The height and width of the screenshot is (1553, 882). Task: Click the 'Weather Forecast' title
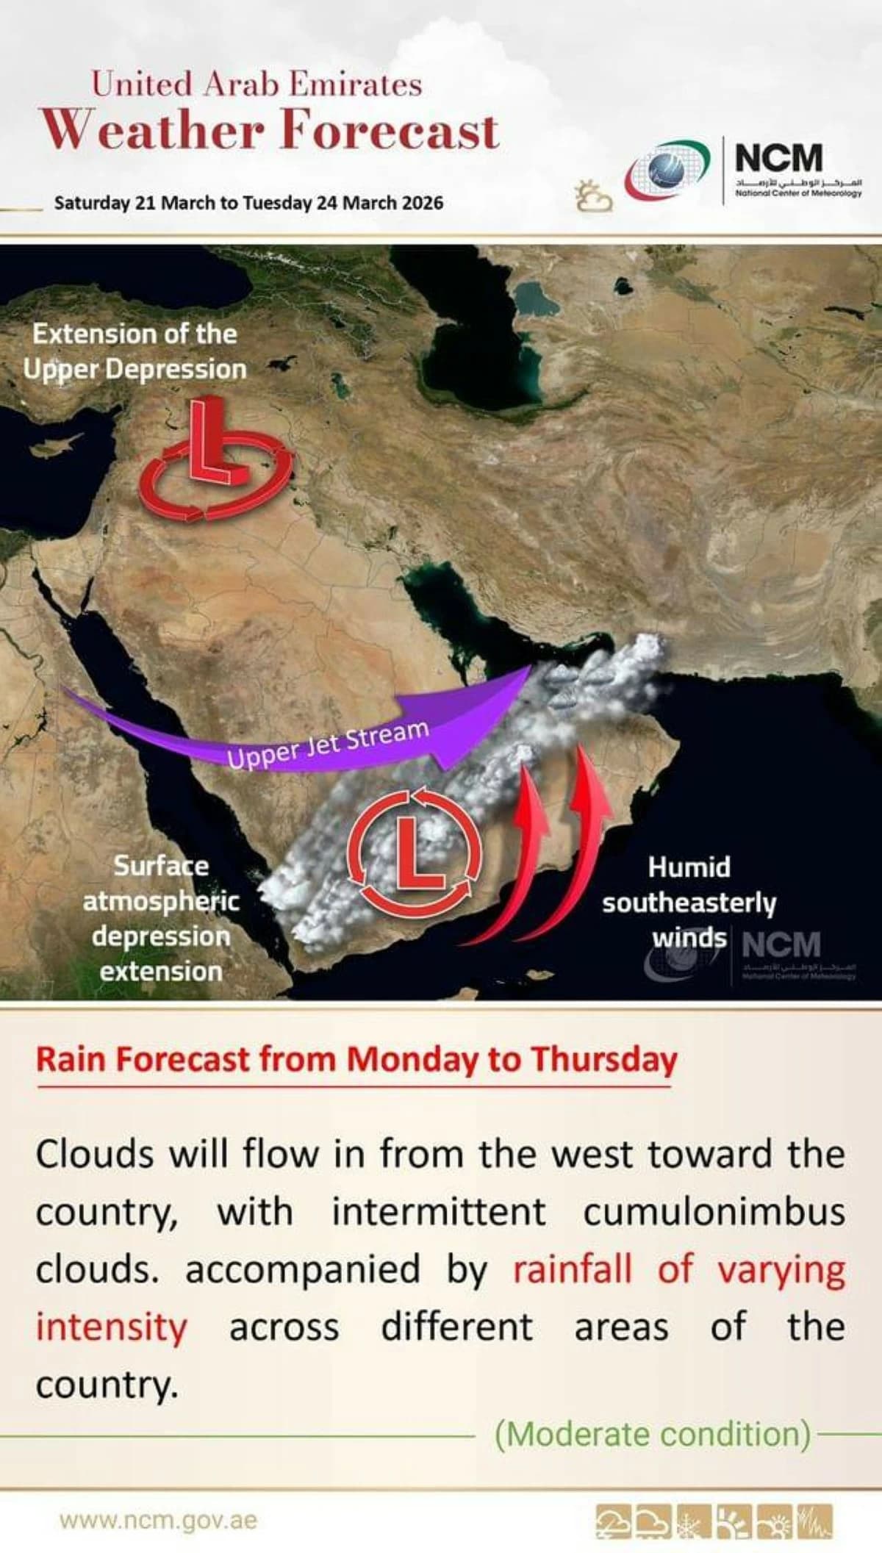[x=270, y=129]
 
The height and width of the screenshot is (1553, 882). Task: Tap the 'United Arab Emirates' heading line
[x=257, y=84]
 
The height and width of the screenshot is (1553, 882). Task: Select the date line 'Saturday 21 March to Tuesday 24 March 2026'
[x=248, y=203]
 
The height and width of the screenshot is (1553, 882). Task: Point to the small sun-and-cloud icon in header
[x=593, y=196]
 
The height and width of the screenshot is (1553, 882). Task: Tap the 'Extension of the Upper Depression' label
[x=135, y=351]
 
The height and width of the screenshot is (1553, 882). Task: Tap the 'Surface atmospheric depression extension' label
[x=161, y=919]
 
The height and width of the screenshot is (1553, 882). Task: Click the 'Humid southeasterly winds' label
[x=689, y=902]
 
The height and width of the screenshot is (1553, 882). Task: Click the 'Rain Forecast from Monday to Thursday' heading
[x=356, y=1059]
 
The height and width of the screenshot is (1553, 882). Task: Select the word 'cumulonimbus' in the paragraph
[x=714, y=1212]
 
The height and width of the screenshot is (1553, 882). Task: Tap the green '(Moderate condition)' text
[x=652, y=1433]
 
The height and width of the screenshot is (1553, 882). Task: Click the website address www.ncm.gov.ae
[x=159, y=1519]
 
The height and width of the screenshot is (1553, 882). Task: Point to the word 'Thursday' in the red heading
[x=603, y=1059]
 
